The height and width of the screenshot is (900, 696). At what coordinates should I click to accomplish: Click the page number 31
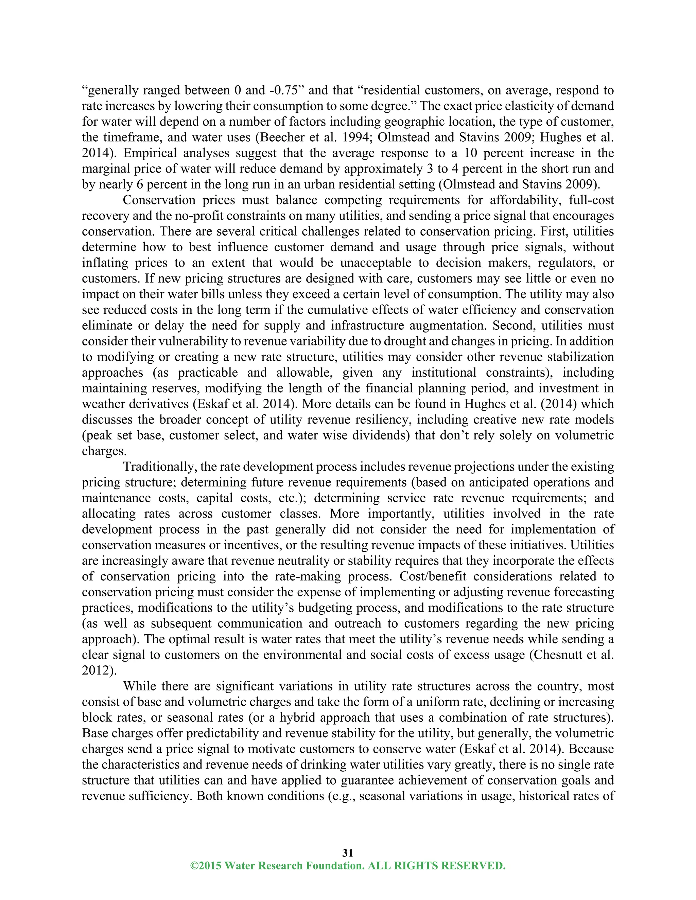(348, 852)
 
